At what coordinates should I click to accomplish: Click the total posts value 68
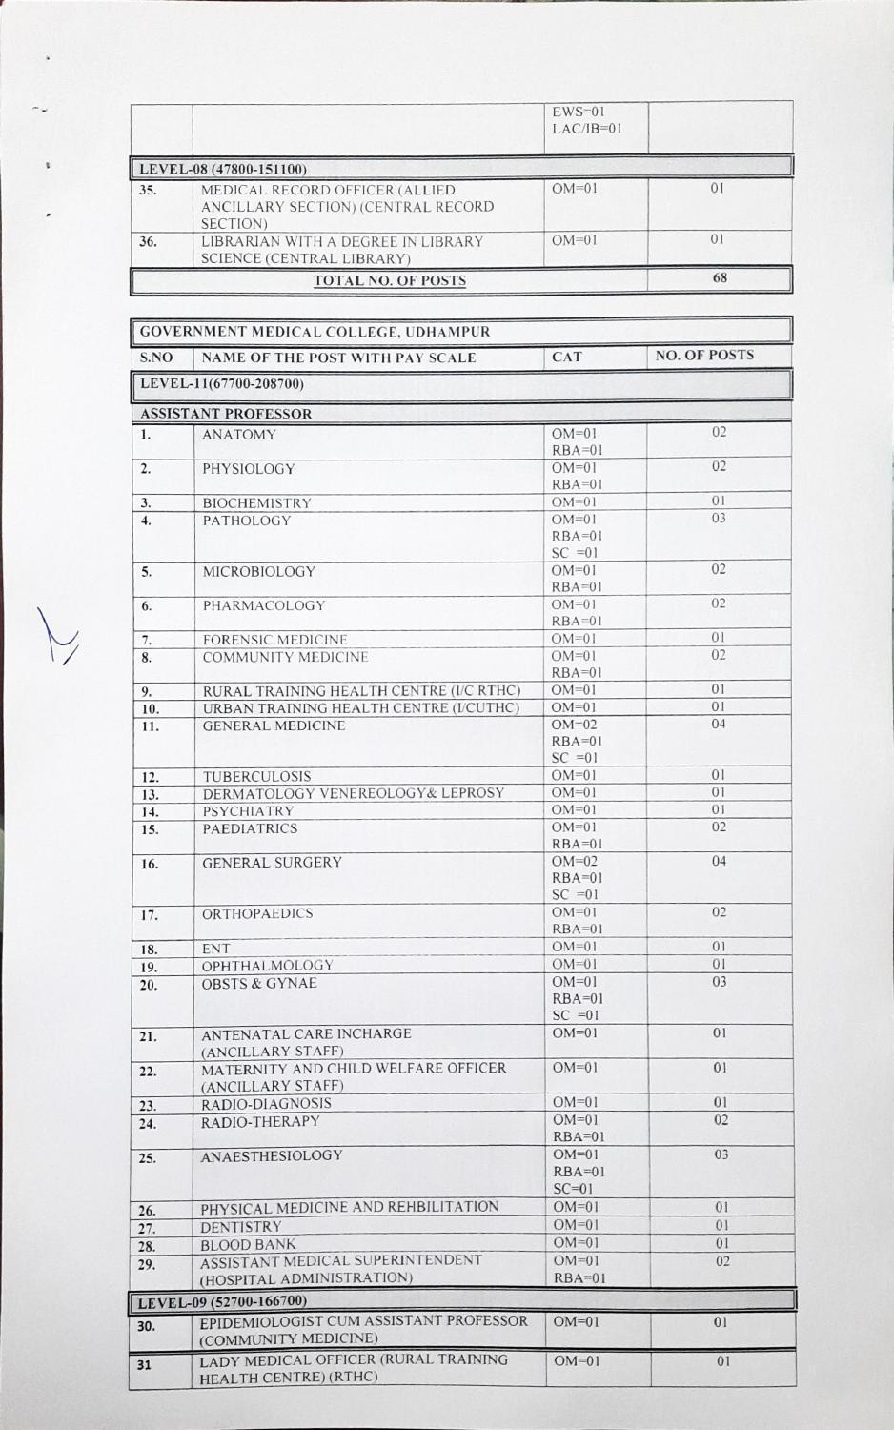coord(720,278)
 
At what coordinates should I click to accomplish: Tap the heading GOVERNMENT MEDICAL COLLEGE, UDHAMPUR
coord(315,332)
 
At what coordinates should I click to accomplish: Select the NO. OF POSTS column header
coord(704,356)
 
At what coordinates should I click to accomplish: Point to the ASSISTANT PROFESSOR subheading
coord(226,414)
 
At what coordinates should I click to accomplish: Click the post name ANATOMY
coord(239,435)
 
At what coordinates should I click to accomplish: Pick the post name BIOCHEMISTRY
coord(256,502)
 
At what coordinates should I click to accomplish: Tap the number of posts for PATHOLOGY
coord(719,519)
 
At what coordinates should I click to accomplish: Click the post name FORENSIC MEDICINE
coord(274,640)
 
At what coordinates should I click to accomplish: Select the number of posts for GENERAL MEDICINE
coord(719,725)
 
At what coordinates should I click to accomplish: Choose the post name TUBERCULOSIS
coord(256,776)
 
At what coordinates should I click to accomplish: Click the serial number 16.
coord(150,865)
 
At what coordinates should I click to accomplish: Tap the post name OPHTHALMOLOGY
coord(267,966)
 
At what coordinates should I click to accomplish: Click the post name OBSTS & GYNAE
coord(259,983)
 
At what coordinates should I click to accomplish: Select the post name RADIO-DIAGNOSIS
coord(266,1104)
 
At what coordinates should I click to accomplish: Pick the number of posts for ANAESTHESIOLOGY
coord(721,1155)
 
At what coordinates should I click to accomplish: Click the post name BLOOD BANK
coord(248,1244)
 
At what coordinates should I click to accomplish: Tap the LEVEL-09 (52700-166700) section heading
coord(223,1301)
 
